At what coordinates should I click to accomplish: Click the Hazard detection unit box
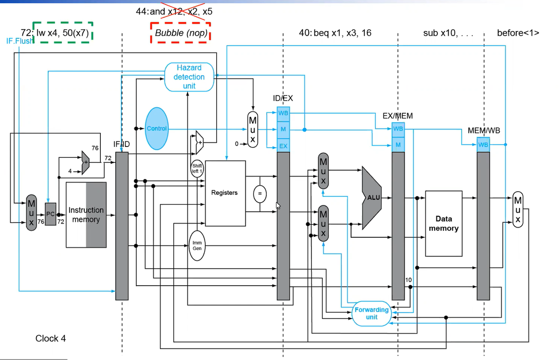coord(189,77)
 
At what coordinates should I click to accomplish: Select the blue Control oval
coord(157,129)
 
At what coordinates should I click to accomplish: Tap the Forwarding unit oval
coord(372,313)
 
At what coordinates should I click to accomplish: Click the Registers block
coord(225,193)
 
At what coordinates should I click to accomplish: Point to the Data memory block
coord(444,224)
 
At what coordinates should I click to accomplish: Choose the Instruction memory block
coord(86,215)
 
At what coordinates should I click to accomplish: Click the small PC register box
coord(51,214)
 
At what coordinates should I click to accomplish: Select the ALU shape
coord(372,198)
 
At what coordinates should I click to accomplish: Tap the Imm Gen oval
coord(197,245)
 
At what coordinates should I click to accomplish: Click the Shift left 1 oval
coord(197,169)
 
